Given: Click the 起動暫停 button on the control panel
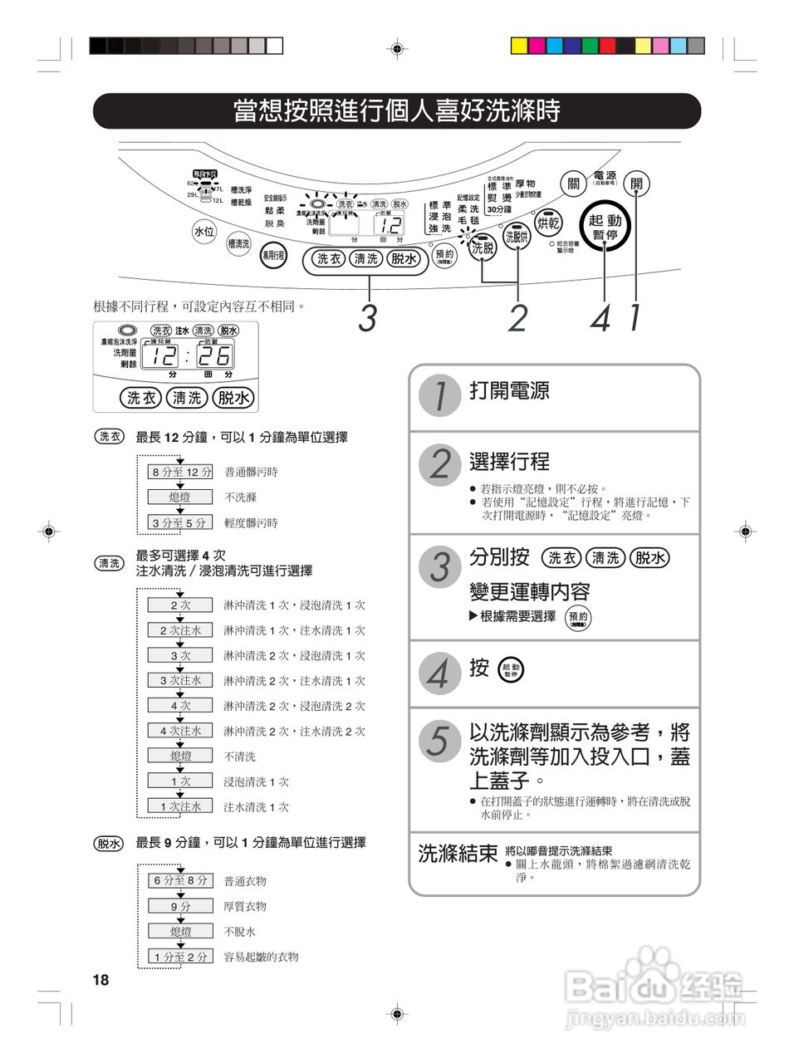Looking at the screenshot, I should point(605,227).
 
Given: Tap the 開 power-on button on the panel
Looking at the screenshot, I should point(636,184).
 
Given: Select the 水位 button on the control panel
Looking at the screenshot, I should point(204,232).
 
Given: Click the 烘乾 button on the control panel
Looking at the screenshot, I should point(548,223).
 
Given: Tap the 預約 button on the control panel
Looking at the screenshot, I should point(445,256).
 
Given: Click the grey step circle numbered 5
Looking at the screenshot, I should point(439,740).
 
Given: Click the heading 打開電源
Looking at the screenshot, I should point(509,390).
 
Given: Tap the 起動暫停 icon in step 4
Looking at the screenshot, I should point(510,670).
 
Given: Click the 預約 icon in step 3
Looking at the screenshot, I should point(578,617).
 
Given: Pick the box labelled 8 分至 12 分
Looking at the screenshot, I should point(180,472).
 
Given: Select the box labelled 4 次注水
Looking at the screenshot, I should point(180,731).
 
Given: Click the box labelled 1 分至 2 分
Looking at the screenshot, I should point(180,957).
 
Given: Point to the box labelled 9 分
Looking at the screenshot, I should point(180,906).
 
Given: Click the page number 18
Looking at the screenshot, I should point(100,980).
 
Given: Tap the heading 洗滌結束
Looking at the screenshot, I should point(457,854).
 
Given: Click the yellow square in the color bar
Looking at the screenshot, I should point(518,46).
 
